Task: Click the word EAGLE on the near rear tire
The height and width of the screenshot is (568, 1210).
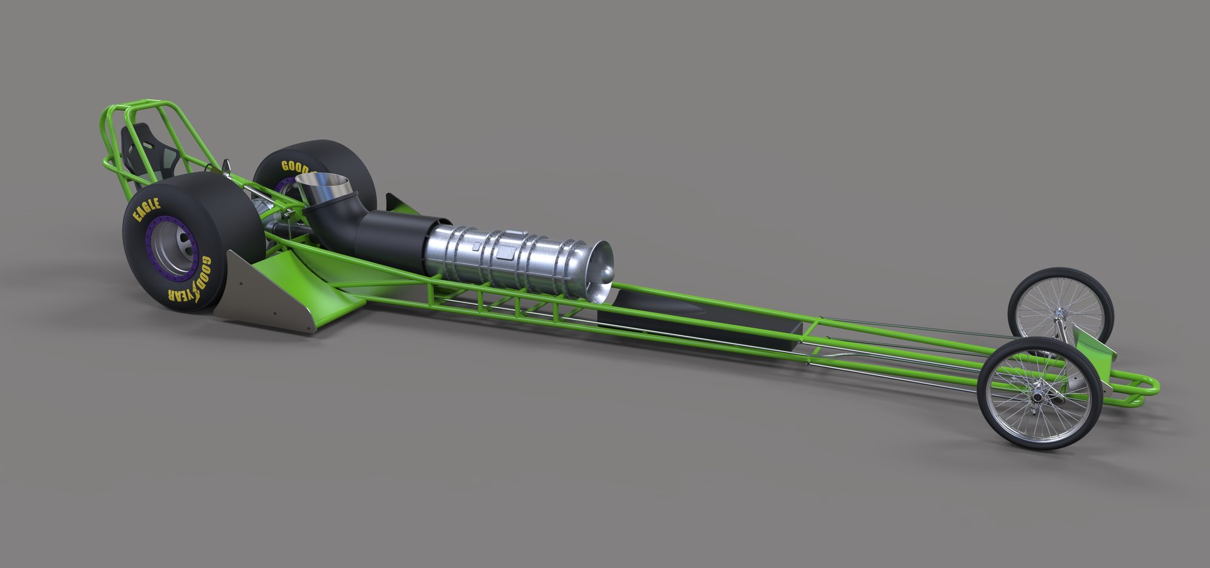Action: [x=146, y=210]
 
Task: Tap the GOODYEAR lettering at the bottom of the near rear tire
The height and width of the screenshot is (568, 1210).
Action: [x=189, y=284]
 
